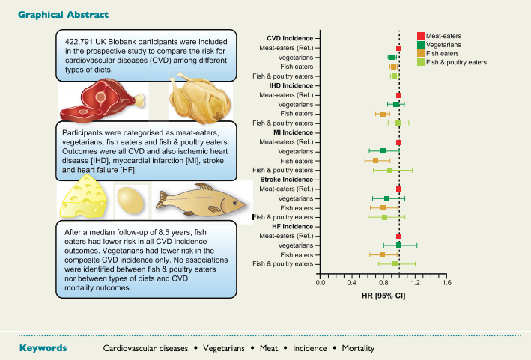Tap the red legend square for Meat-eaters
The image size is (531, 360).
[422, 36]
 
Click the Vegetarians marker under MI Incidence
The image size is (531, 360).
[383, 151]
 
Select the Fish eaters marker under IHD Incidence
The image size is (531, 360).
[383, 114]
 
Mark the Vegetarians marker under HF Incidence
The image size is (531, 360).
[398, 245]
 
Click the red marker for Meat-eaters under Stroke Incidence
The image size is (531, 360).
[398, 189]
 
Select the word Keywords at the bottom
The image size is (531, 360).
[43, 348]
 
